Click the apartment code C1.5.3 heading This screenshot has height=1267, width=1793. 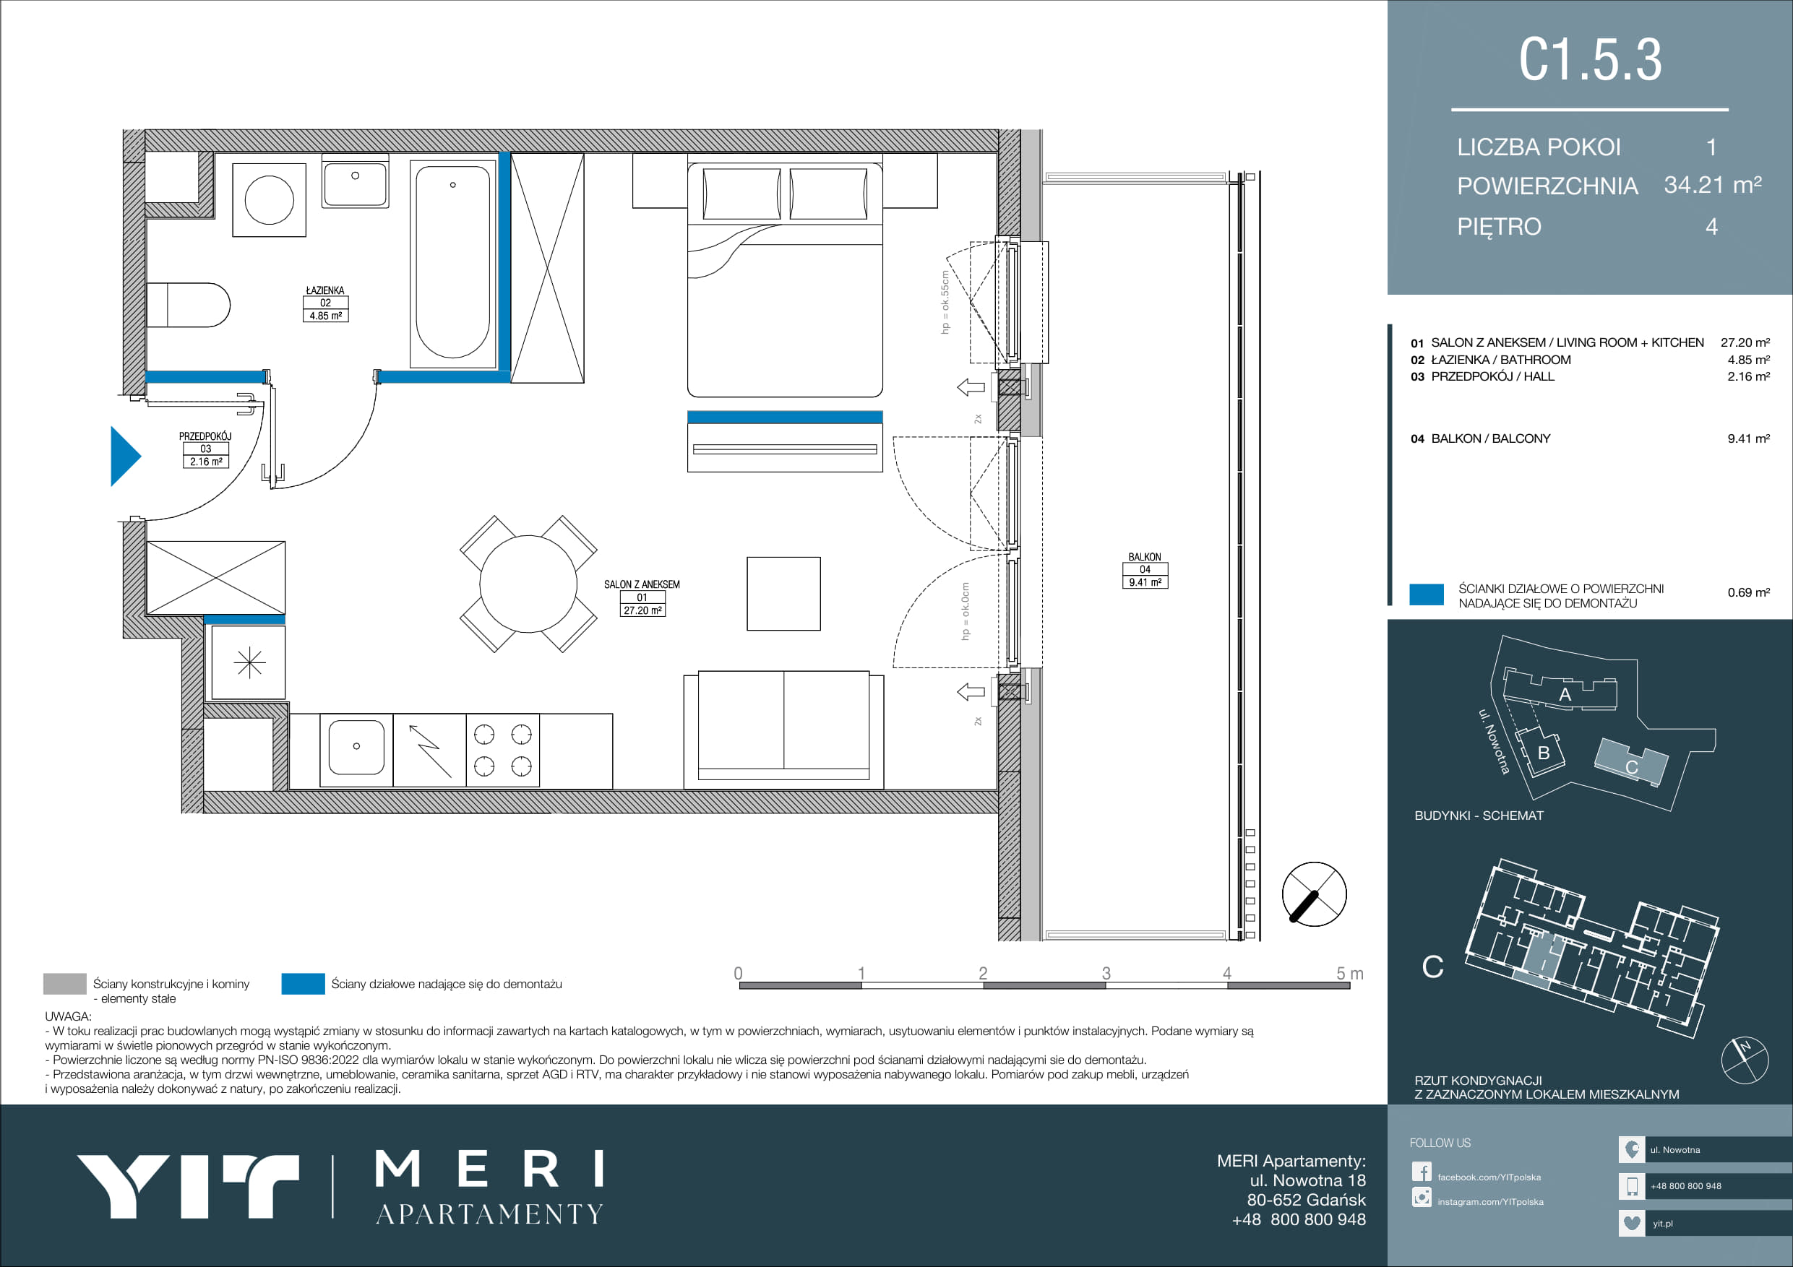pos(1590,59)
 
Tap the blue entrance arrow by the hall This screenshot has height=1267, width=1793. pos(125,456)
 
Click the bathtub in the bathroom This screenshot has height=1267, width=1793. pos(454,264)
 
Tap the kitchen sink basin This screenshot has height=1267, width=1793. pos(356,747)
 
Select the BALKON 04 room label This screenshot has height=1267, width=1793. pos(1145,570)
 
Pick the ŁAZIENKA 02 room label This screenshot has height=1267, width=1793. pos(325,303)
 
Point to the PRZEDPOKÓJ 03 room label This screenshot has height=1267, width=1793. pos(205,449)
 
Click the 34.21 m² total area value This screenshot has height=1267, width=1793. pos(1713,185)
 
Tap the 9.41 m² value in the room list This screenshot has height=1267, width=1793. pos(1748,438)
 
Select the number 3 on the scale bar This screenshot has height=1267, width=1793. pos(1106,974)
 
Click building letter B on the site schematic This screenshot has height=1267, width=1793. pos(1543,753)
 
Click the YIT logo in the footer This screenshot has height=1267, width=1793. pos(187,1187)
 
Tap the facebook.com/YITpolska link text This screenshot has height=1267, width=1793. pos(1489,1177)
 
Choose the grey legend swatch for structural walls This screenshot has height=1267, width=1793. pos(65,984)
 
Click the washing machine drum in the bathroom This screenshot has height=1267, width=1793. pos(270,200)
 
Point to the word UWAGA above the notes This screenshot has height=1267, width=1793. pos(68,1016)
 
